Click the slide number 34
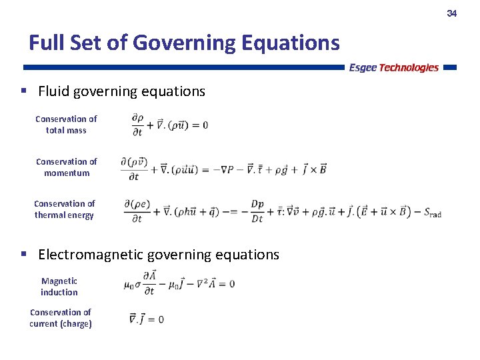(451, 13)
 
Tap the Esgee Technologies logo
(393, 67)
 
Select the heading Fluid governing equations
(121, 91)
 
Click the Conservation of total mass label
(66, 125)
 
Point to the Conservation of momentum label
(66, 167)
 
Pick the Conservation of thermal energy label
(64, 209)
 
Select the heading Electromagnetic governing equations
(159, 255)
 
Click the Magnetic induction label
(59, 287)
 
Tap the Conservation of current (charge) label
(61, 318)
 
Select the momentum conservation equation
(223, 169)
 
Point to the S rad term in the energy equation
(433, 213)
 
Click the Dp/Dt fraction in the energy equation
(257, 211)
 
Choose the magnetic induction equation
(179, 283)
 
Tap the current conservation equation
(147, 319)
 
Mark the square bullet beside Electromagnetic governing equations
(23, 254)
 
